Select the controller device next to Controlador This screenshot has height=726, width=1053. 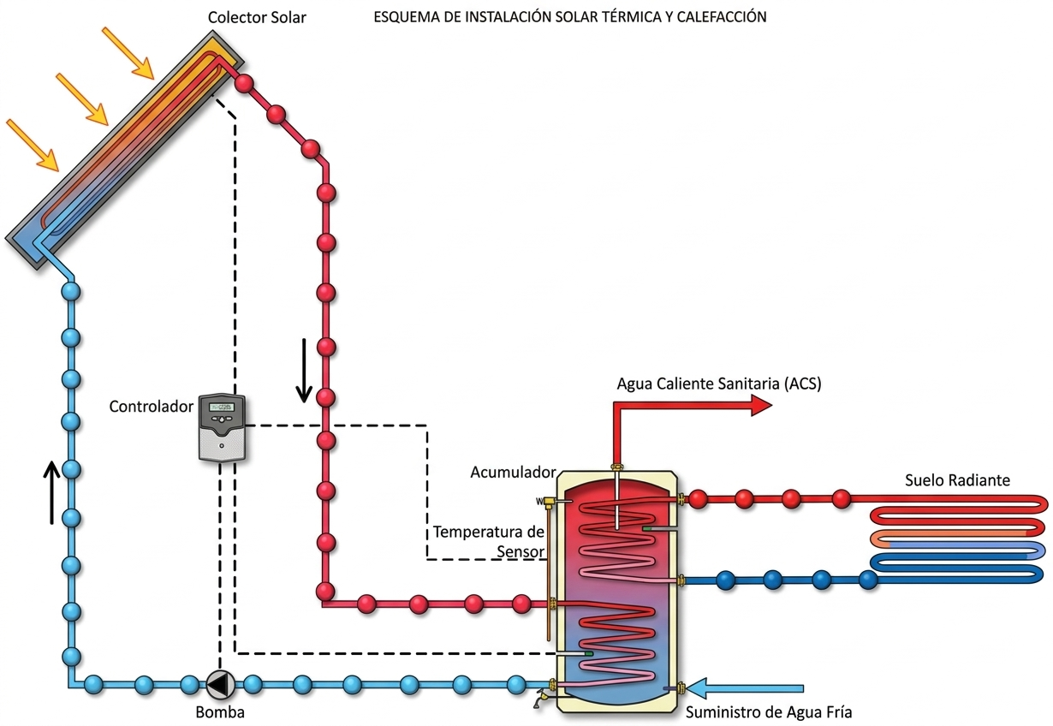tap(222, 428)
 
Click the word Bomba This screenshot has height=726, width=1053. tap(219, 711)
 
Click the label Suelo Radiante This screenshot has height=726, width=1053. tap(957, 479)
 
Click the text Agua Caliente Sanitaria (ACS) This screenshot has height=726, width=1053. tap(719, 384)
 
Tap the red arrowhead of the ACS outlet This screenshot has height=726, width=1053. tap(761, 406)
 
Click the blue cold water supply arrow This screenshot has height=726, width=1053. tap(745, 687)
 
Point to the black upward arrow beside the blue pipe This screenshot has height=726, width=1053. tap(52, 492)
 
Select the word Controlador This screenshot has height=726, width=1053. tap(152, 407)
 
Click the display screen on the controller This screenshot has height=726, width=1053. tap(222, 408)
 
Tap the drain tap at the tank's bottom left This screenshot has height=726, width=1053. tap(539, 697)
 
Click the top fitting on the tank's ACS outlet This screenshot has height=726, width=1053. tap(616, 467)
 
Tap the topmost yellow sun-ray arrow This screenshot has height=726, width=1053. tap(128, 51)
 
